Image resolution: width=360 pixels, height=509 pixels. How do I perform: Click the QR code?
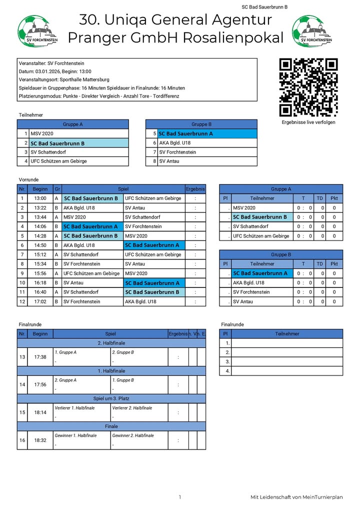(308, 87)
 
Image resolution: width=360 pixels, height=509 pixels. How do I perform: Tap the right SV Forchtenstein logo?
(308, 31)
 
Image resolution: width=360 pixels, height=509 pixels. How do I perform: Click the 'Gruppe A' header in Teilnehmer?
(73, 124)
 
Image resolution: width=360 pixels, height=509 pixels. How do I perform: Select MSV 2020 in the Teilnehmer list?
(42, 133)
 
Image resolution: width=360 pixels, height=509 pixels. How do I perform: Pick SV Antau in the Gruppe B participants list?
(169, 161)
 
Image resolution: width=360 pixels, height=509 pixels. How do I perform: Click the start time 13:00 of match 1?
(40, 198)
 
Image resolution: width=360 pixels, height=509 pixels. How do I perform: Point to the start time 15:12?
(40, 254)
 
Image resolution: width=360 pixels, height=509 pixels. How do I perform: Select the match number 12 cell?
(22, 301)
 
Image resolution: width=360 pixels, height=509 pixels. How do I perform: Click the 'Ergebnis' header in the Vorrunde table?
(195, 189)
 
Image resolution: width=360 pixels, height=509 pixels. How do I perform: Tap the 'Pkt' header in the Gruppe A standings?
(334, 198)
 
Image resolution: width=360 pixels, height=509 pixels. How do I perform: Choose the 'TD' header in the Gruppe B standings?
(320, 264)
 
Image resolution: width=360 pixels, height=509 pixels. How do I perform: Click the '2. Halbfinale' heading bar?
(111, 343)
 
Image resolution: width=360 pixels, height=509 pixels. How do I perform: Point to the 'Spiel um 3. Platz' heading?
(111, 398)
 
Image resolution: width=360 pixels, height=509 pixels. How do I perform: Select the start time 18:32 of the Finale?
(40, 440)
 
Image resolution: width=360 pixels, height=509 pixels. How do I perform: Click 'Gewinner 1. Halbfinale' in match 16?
(75, 435)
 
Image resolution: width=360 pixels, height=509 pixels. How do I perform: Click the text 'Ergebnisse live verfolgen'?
(308, 122)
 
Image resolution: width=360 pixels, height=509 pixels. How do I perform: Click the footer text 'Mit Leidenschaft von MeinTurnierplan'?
(296, 497)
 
